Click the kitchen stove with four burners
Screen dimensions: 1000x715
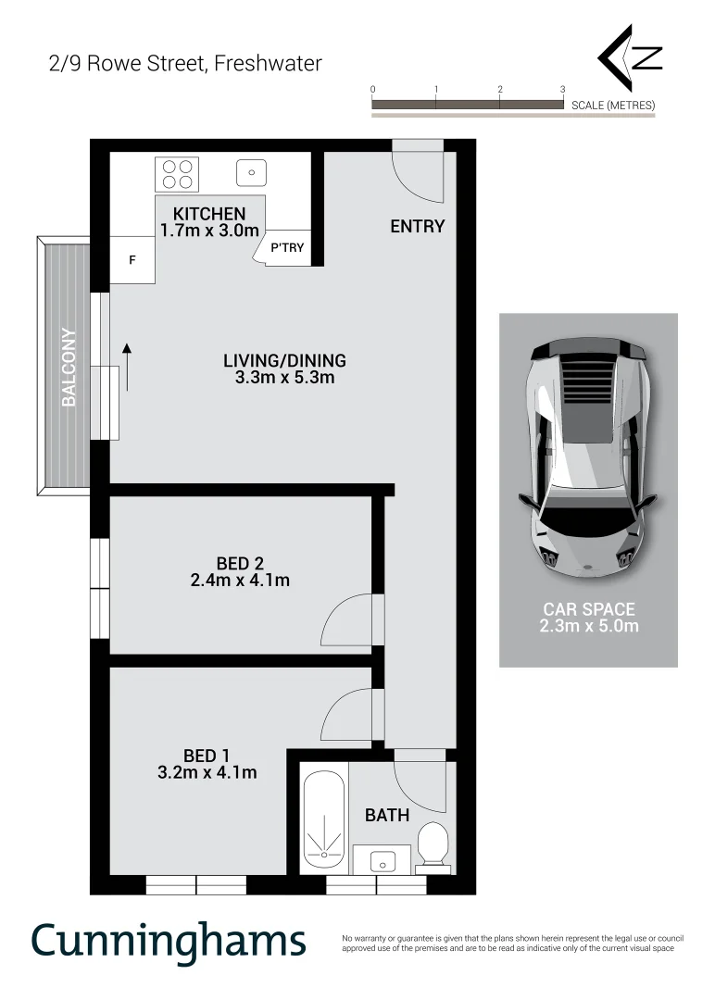click(176, 174)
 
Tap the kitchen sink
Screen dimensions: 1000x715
click(251, 172)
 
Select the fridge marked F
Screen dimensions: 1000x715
click(132, 260)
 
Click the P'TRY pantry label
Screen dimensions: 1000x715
click(287, 248)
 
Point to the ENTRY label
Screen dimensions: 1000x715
click(417, 226)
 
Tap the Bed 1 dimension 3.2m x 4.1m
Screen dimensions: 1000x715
click(207, 772)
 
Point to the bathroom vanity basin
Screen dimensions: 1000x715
click(382, 861)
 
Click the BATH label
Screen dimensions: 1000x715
click(386, 816)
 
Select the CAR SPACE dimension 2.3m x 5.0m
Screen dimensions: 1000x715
click(588, 626)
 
